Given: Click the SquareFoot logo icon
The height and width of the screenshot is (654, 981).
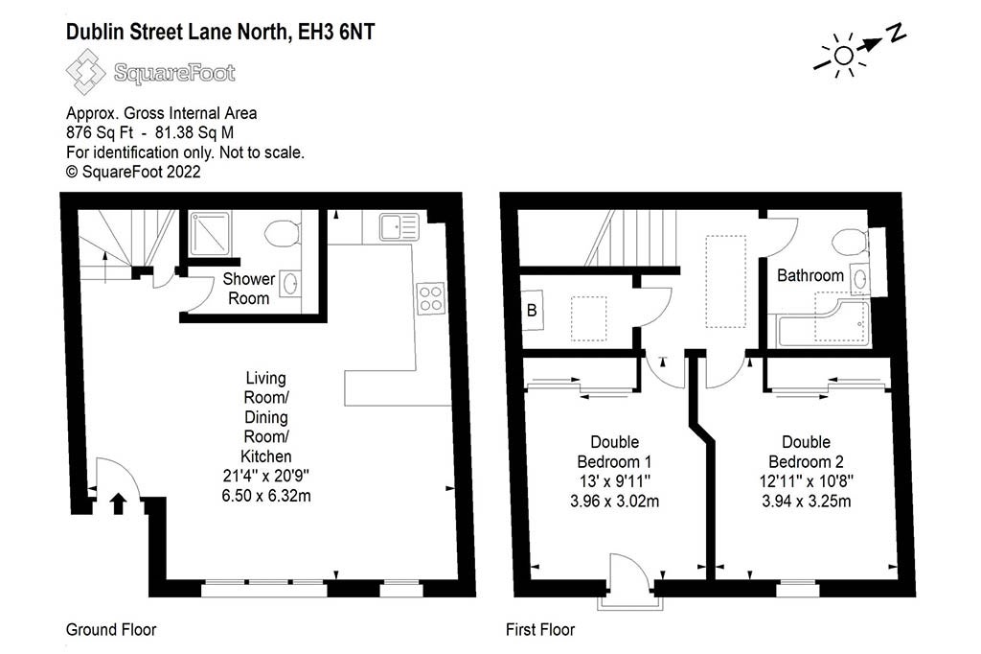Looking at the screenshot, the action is click(85, 72).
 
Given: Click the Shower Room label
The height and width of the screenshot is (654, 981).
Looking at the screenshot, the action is click(249, 288).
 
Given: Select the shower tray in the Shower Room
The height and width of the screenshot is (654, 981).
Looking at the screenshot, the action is click(210, 234).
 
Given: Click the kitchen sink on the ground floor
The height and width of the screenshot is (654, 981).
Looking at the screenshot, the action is click(399, 226).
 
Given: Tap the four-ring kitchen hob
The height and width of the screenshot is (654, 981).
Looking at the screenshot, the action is click(431, 299).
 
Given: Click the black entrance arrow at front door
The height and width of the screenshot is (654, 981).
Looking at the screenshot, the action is click(118, 503).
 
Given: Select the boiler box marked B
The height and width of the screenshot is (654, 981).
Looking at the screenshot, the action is click(533, 310).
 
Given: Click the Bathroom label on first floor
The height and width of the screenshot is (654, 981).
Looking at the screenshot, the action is click(810, 275).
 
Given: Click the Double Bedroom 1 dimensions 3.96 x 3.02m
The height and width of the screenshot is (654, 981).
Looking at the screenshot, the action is click(614, 502).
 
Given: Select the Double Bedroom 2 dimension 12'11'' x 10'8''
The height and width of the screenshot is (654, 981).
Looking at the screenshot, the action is click(807, 481).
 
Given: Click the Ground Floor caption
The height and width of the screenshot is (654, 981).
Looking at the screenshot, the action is click(111, 630).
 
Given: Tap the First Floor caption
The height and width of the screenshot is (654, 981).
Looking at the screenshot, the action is click(540, 630).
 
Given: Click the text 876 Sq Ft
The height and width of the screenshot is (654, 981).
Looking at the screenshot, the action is click(100, 132).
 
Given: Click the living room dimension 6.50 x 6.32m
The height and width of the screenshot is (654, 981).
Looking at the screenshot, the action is click(266, 496).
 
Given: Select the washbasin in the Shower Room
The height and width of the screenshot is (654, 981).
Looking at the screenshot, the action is click(290, 284).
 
